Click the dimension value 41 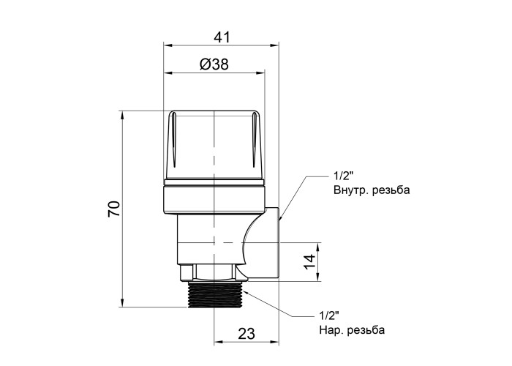click(x=222, y=37)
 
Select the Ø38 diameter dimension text click(x=214, y=64)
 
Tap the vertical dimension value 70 click(x=115, y=209)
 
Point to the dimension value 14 click(x=310, y=261)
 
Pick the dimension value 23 click(x=246, y=334)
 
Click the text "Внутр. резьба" click(x=372, y=190)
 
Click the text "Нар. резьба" click(x=352, y=330)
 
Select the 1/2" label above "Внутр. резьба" click(x=344, y=176)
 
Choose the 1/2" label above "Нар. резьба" click(x=329, y=316)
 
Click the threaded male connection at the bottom click(x=214, y=294)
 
